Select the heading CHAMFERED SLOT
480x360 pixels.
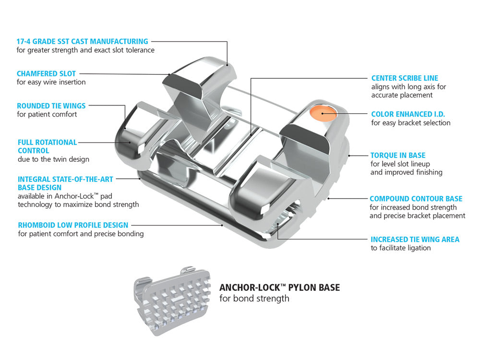click(46, 73)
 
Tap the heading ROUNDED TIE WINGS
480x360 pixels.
click(51, 106)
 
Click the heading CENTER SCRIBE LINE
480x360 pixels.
click(405, 78)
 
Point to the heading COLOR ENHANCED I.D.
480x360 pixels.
click(408, 114)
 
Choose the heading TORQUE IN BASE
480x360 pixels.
click(398, 156)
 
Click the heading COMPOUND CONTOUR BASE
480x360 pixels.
click(416, 199)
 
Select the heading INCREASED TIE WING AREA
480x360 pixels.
click(415, 239)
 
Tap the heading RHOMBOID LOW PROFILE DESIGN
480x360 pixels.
click(73, 225)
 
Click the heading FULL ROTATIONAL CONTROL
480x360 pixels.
click(47, 146)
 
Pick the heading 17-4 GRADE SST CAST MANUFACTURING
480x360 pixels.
click(82, 41)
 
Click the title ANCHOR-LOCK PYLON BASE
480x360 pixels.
click(279, 288)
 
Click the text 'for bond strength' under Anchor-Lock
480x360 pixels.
click(254, 299)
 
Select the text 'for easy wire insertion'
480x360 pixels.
click(51, 82)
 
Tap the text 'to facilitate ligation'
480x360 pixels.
click(401, 248)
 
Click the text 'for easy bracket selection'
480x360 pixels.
click(411, 123)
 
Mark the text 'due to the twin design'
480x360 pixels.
click(53, 159)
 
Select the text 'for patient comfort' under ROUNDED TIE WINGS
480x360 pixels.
click(47, 114)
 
